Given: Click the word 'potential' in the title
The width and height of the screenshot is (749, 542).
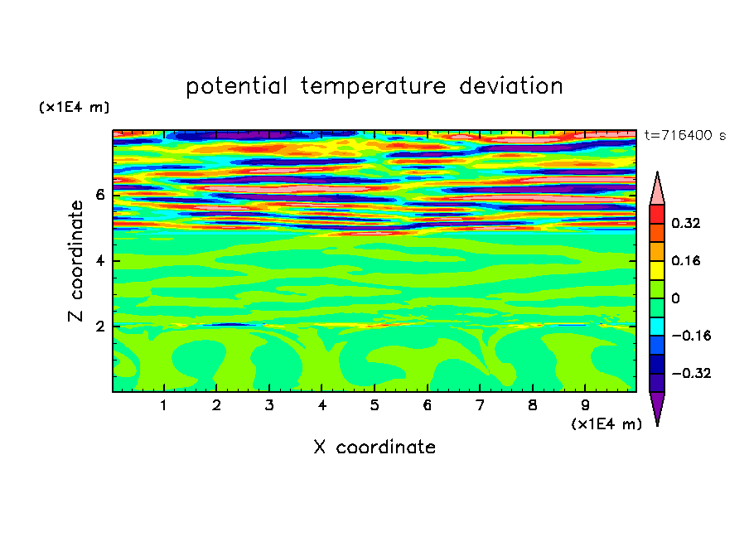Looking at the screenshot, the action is coord(236,87).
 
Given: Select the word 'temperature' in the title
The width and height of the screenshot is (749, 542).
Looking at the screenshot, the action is coord(374,86).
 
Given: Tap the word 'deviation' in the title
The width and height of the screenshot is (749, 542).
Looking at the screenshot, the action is coord(511,86).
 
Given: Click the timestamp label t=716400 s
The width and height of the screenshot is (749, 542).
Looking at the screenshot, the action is coord(685,136).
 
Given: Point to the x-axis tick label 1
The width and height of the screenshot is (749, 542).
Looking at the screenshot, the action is coord(164,406).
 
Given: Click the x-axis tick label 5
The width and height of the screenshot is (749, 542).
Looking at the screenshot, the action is coord(374,406).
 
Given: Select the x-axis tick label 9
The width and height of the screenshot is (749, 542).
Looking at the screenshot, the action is coord(585,406).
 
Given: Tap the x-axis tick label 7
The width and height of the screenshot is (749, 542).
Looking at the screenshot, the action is coord(480,406).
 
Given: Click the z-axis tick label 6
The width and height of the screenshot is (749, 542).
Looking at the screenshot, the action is coord(100,195).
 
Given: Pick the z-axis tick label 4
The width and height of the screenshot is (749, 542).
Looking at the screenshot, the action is coord(100,261).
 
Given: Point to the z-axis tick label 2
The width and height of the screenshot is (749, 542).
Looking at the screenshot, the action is coord(100,327).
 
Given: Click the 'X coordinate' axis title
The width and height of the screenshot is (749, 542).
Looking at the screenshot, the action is coord(374,447).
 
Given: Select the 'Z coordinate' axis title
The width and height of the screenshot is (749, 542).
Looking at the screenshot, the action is coord(75,261).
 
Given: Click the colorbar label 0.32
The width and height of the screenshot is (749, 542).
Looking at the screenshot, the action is coord(686,223).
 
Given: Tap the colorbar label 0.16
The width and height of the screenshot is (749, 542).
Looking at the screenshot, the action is coord(686,261).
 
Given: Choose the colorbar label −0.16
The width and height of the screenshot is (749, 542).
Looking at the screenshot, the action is coord(691,336).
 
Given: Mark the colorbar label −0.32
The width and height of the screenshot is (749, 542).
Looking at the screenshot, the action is coord(691,373).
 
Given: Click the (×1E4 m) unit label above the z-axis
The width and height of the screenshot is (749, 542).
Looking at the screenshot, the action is coord(74,107).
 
